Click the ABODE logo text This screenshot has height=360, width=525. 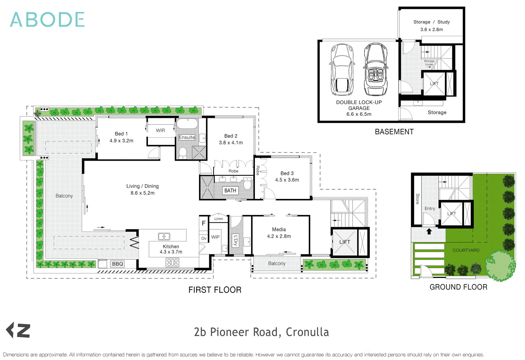pyautogui.click(x=47, y=19)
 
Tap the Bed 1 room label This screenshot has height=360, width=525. pyautogui.click(x=121, y=134)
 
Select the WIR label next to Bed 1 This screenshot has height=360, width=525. pyautogui.click(x=161, y=130)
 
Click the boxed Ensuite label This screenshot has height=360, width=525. pyautogui.click(x=187, y=137)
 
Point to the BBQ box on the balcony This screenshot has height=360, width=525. pyautogui.click(x=118, y=264)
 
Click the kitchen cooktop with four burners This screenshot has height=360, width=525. pyautogui.click(x=172, y=263)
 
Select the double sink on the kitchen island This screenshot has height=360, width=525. pyautogui.click(x=164, y=236)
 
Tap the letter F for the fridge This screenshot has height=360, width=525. pyautogui.click(x=204, y=223)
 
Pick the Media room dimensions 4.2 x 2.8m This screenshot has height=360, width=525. pyautogui.click(x=279, y=236)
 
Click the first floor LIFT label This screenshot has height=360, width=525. pyautogui.click(x=345, y=242)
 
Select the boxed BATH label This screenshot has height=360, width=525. pyautogui.click(x=230, y=190)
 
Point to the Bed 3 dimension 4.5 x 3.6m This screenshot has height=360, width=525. pyautogui.click(x=287, y=180)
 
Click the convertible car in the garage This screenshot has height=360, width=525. pyautogui.click(x=376, y=70)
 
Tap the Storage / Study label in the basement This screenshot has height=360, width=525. pyautogui.click(x=431, y=22)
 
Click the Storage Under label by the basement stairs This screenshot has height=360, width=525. pyautogui.click(x=429, y=63)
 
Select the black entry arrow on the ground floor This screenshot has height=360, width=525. pyautogui.click(x=429, y=231)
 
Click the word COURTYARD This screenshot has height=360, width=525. pyautogui.click(x=466, y=250)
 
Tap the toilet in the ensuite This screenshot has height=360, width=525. pyautogui.click(x=183, y=153)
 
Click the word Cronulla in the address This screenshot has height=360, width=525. pyautogui.click(x=307, y=332)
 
